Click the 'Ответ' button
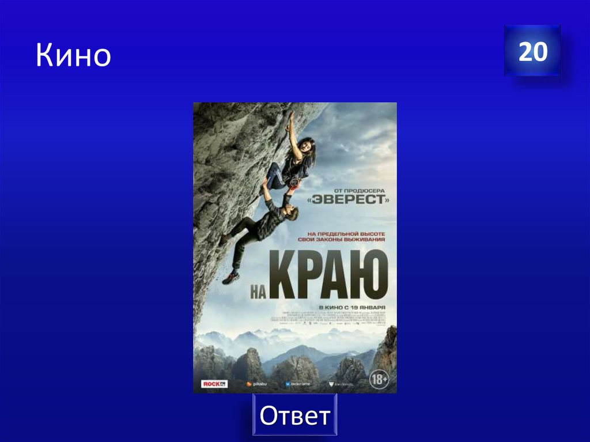(294, 415)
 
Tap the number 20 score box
(532, 51)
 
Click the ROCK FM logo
(214, 383)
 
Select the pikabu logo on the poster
(256, 383)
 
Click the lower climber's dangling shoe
(231, 278)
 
